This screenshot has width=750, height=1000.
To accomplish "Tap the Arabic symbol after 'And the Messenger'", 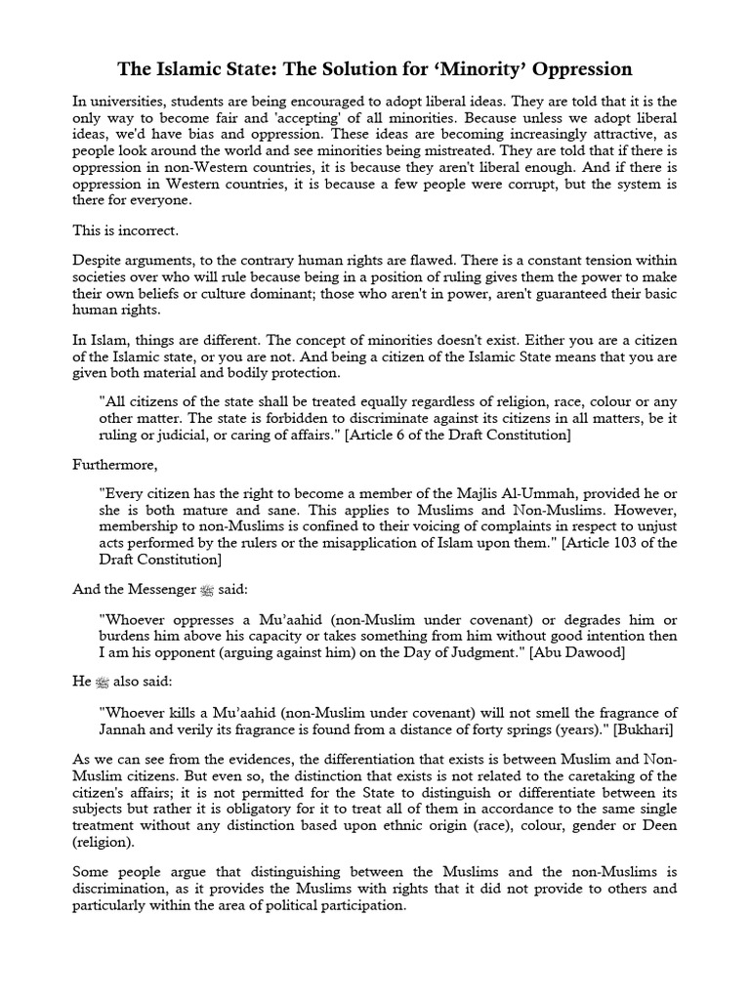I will [205, 590].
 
